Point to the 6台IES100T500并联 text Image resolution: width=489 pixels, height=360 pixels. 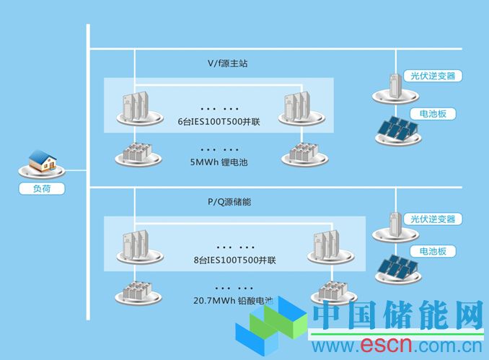219,121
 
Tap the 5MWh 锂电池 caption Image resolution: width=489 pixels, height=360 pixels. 219,162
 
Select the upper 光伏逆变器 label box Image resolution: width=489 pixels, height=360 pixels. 433,75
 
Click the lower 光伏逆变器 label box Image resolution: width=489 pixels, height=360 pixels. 433,219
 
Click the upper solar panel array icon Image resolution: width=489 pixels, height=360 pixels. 397,130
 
